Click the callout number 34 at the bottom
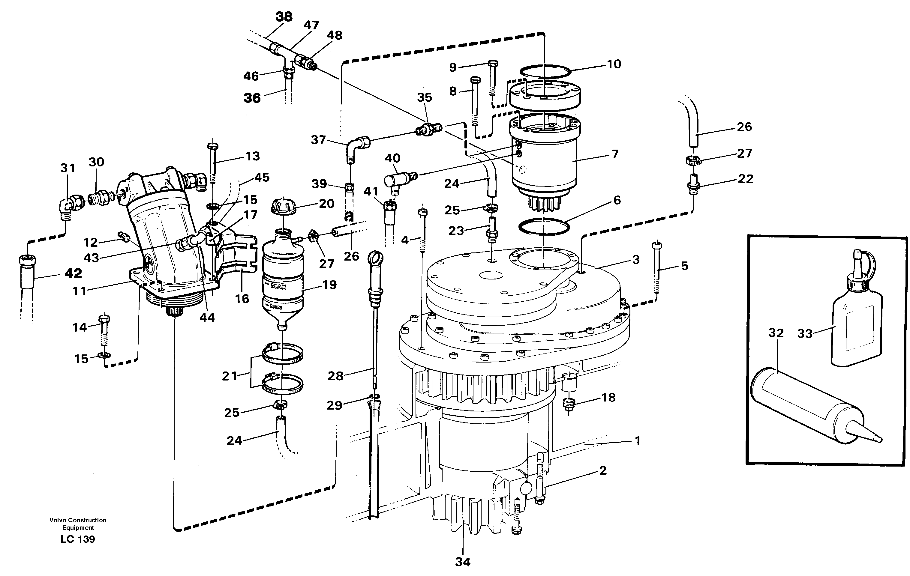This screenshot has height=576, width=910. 463,562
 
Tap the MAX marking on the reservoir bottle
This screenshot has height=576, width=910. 278,287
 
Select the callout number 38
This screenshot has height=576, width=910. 284,16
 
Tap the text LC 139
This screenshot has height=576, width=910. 78,539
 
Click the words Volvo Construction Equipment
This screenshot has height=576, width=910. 78,524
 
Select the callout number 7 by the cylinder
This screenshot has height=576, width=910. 615,154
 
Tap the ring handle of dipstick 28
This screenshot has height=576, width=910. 374,258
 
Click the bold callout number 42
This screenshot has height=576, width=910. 73,273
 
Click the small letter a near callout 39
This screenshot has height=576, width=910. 349,217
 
